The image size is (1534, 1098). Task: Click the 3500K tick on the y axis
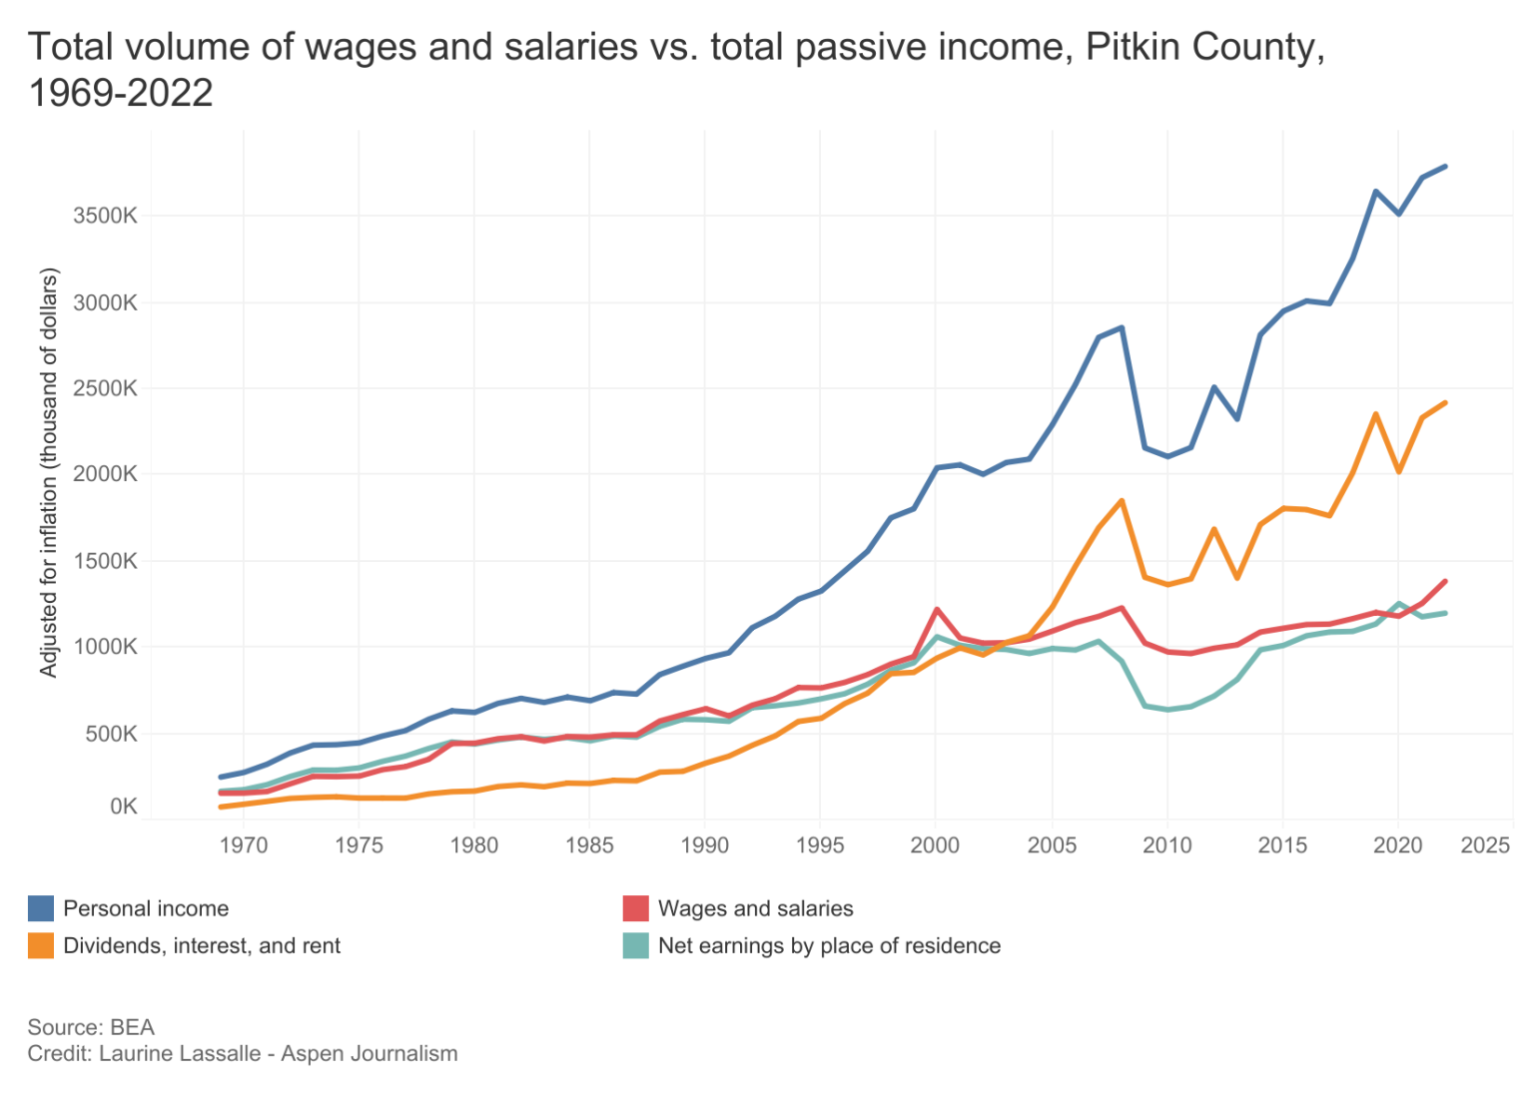pos(104,216)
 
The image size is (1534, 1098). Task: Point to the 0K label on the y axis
pos(123,807)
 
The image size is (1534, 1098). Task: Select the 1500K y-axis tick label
pos(104,561)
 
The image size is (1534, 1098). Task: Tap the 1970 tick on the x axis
pos(243,845)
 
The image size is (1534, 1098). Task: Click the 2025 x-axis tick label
pos(1484,845)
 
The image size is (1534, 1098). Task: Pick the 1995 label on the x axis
pos(820,845)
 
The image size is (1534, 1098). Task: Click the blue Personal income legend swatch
pos(41,908)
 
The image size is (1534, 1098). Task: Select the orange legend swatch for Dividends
pos(41,945)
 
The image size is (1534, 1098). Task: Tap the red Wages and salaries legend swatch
pos(636,908)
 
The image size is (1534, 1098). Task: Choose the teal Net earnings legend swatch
pos(636,945)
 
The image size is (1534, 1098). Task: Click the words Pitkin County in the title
pos(1204,47)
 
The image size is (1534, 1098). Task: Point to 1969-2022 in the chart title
pos(121,93)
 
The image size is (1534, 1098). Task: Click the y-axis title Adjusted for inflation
pos(49,472)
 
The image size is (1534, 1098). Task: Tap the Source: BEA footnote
pos(91,1027)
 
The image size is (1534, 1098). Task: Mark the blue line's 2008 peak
pos(1122,327)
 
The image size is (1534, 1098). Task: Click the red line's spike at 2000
pos(937,609)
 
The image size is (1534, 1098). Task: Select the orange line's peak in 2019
pos(1375,414)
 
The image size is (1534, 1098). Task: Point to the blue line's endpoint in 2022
pos(1445,167)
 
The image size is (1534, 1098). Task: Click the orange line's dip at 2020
pos(1399,471)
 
